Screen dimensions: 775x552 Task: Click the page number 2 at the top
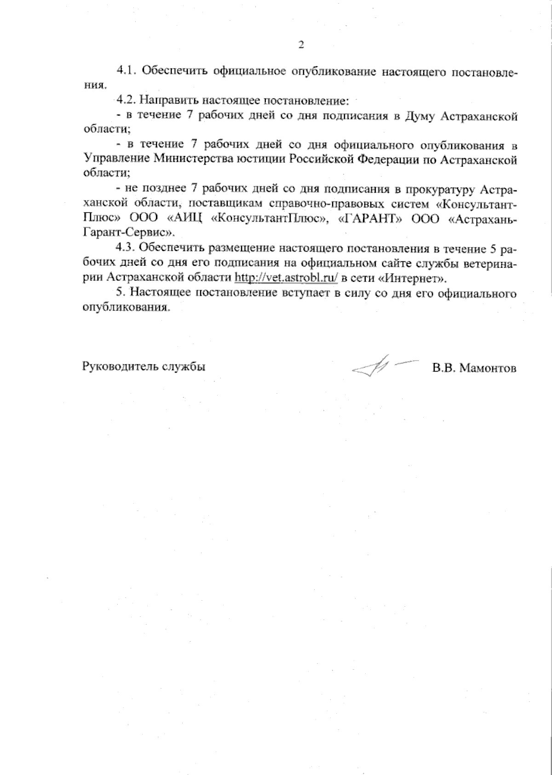pyautogui.click(x=301, y=45)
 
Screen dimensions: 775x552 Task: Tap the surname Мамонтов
pyautogui.click(x=488, y=368)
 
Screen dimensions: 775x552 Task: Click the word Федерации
pyautogui.click(x=387, y=160)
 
